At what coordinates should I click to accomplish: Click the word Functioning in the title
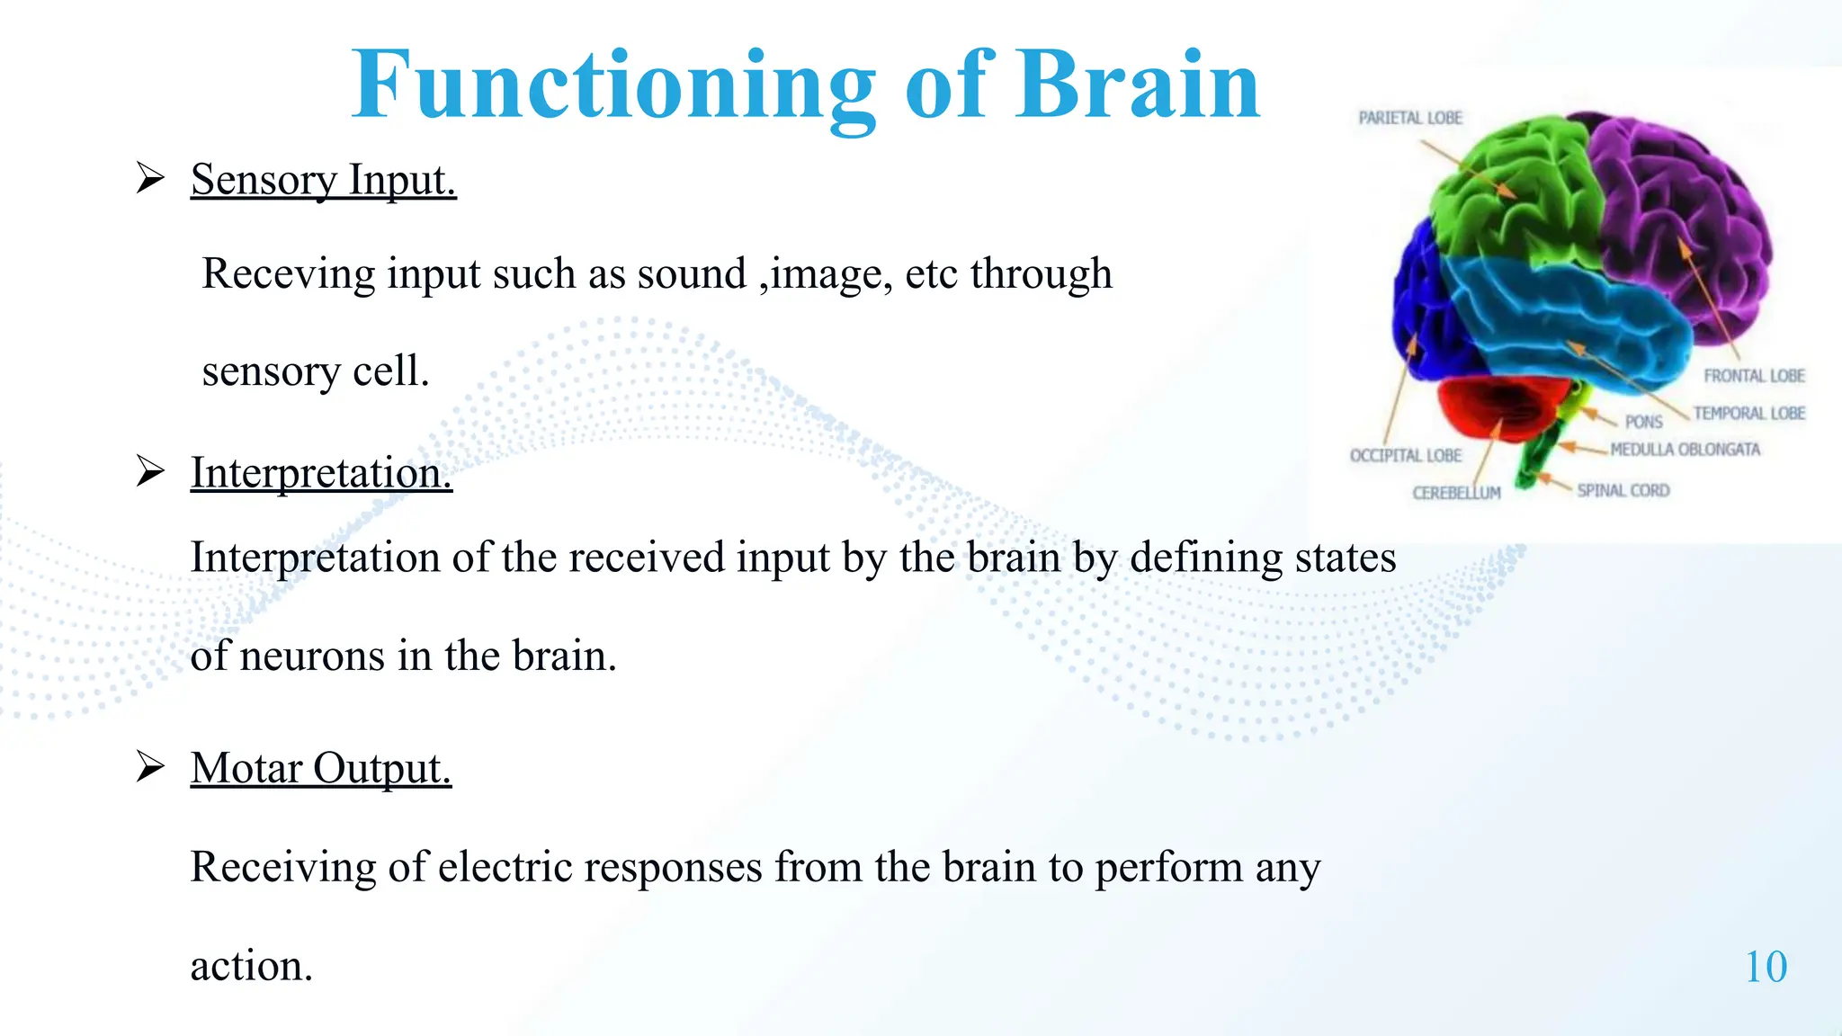tap(613, 85)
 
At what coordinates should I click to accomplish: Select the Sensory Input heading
tap(323, 180)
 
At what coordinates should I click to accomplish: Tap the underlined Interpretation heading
tap(321, 473)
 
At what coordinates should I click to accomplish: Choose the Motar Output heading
tap(320, 769)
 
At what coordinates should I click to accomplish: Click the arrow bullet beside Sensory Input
tap(150, 178)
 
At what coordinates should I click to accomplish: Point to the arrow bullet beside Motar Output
tap(150, 767)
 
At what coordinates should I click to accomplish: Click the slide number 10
tap(1766, 968)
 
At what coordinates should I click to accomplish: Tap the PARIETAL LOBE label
tap(1409, 118)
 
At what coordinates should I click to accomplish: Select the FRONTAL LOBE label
tap(1754, 376)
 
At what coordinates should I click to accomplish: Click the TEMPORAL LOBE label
tap(1748, 414)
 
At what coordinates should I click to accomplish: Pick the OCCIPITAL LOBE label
tap(1405, 456)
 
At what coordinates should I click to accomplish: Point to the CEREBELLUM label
tap(1456, 493)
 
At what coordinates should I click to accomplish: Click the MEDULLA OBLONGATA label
tap(1685, 450)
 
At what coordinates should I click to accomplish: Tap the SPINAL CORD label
tap(1623, 491)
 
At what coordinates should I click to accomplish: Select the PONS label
tap(1643, 422)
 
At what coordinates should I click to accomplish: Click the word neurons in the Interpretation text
tap(312, 656)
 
